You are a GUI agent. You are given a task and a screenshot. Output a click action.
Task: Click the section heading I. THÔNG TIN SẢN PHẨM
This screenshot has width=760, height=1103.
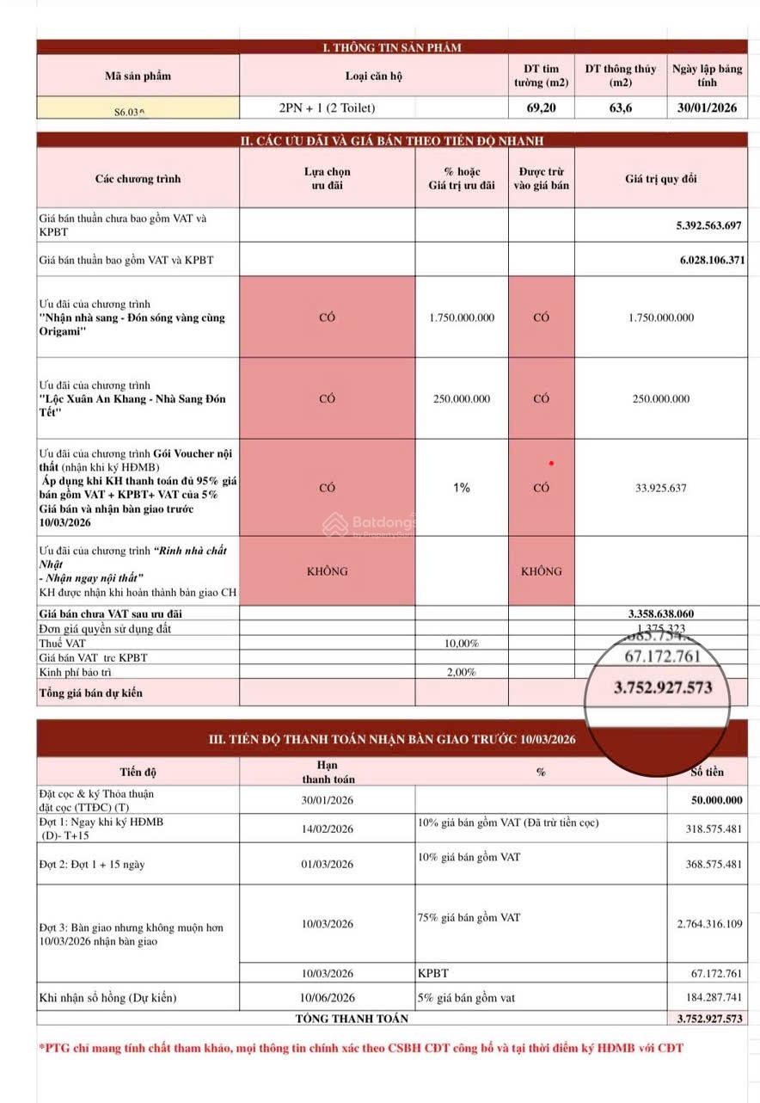pyautogui.click(x=391, y=47)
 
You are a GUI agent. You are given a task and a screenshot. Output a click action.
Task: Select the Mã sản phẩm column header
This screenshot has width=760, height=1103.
pyautogui.click(x=138, y=76)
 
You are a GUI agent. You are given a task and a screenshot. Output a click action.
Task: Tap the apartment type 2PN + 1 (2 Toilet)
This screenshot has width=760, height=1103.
pyautogui.click(x=328, y=108)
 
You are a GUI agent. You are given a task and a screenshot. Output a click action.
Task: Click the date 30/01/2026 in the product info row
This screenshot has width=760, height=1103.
pyautogui.click(x=707, y=108)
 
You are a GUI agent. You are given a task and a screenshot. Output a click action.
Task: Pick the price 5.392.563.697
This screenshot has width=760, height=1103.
pyautogui.click(x=708, y=225)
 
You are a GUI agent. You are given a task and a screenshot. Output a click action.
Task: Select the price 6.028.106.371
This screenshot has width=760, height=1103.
pyautogui.click(x=708, y=259)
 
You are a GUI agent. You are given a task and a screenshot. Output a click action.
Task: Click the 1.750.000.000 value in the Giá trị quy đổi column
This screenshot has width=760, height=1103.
pyautogui.click(x=660, y=317)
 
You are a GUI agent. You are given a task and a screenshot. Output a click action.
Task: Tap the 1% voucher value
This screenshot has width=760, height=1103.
pyautogui.click(x=462, y=488)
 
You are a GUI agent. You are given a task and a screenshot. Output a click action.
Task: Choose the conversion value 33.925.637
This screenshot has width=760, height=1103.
pyautogui.click(x=660, y=488)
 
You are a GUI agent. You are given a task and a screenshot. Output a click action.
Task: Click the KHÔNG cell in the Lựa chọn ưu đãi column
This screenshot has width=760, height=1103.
pyautogui.click(x=327, y=571)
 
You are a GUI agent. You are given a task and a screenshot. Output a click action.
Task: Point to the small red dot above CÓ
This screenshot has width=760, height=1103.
pyautogui.click(x=551, y=464)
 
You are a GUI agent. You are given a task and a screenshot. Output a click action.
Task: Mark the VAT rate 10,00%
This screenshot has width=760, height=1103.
pyautogui.click(x=462, y=644)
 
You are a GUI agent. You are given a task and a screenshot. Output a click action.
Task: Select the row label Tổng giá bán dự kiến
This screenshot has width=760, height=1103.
pyautogui.click(x=91, y=693)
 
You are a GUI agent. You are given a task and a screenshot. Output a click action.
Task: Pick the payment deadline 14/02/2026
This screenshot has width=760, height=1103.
pyautogui.click(x=328, y=829)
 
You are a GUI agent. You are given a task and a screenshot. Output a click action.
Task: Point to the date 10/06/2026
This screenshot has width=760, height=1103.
pyautogui.click(x=328, y=998)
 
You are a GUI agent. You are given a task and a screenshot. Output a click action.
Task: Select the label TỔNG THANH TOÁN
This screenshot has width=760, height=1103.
pyautogui.click(x=352, y=1019)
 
